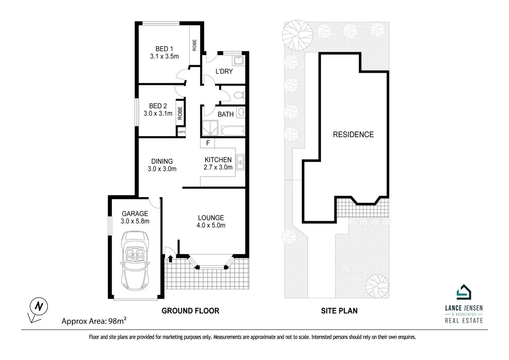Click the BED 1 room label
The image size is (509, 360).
(164, 49)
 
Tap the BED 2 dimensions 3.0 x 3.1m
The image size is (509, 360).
(158, 114)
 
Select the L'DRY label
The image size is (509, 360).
(224, 71)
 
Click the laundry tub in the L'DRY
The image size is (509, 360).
(238, 60)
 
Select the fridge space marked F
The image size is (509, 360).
(208, 143)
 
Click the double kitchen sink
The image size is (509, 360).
(240, 163)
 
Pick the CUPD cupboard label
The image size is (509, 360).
(181, 132)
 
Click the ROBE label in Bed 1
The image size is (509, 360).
(194, 45)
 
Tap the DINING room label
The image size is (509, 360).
(162, 161)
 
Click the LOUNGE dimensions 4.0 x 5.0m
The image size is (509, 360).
(211, 226)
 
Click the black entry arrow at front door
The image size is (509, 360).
(170, 258)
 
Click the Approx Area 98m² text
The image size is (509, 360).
(94, 321)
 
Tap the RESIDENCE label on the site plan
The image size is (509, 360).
(353, 135)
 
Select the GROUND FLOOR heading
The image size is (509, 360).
(190, 311)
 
